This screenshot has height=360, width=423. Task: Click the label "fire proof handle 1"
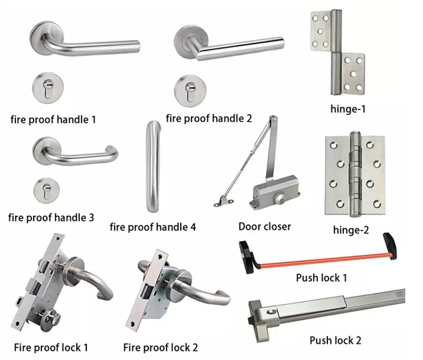coord(53,119)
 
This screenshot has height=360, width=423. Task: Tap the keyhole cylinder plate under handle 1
coord(48,87)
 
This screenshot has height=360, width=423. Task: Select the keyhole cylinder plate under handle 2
coord(190,91)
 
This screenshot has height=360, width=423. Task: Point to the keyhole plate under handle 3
coord(46,191)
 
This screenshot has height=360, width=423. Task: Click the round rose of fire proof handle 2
coord(191,40)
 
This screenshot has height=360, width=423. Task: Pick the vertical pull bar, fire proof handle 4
coord(153,166)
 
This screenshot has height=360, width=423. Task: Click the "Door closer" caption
coord(265,226)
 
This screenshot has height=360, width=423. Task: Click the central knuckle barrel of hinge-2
coord(356,174)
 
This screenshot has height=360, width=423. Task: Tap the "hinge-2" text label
coord(351,230)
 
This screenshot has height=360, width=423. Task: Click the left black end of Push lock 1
coord(246,257)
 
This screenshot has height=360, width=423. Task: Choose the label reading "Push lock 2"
coord(335,341)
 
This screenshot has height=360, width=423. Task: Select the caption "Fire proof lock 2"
coord(160,348)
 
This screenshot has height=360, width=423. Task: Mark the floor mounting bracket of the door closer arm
coord(223,202)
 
